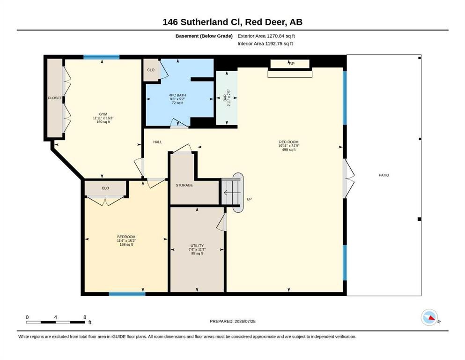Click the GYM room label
(x=103, y=114)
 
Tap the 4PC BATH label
(x=177, y=95)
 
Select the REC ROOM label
(x=288, y=142)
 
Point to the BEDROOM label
(x=126, y=237)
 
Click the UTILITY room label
(x=197, y=246)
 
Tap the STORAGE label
(x=184, y=185)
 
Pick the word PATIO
(x=384, y=175)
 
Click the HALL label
(x=158, y=142)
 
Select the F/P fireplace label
(x=292, y=63)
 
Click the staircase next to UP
(x=230, y=192)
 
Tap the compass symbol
(x=429, y=317)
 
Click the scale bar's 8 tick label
(x=85, y=317)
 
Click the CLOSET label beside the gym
(x=55, y=98)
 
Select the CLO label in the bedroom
(x=105, y=188)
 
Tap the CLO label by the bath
(x=151, y=70)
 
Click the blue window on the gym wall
(x=102, y=57)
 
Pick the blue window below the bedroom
(x=127, y=294)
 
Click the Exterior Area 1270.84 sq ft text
(x=266, y=36)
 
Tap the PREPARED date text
(x=232, y=321)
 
